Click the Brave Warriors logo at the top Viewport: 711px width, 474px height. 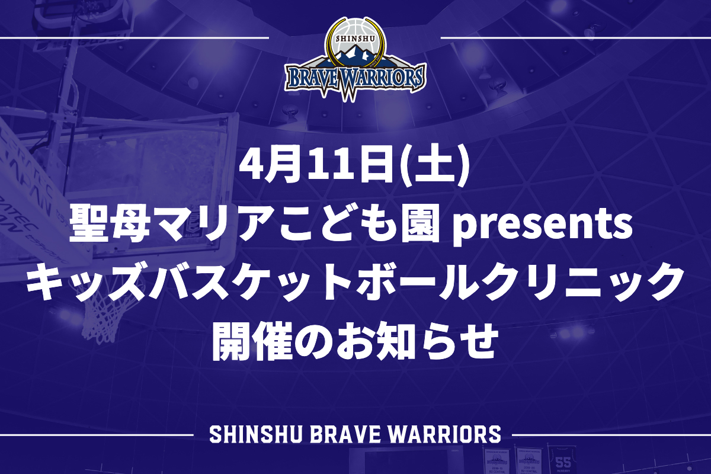point(355,59)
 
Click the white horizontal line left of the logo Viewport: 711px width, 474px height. point(134,39)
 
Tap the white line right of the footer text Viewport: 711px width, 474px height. point(611,435)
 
